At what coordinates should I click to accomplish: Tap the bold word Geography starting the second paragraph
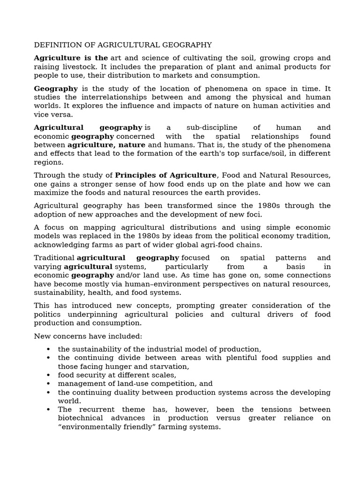tap(56, 89)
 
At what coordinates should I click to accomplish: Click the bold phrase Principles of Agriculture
tap(166, 175)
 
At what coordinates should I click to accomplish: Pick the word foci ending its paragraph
tap(253, 215)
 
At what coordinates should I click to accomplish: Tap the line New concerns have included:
tap(88, 336)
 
